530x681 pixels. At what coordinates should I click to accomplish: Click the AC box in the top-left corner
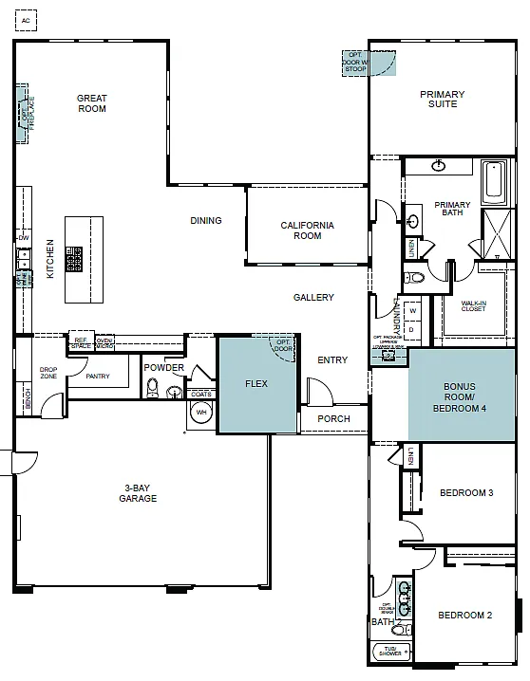(x=26, y=19)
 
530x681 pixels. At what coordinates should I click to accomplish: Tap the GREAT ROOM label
(x=92, y=103)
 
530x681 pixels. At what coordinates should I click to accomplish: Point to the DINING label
(x=206, y=221)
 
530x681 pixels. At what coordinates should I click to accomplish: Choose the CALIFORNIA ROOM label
(x=307, y=230)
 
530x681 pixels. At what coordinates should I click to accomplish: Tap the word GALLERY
(x=313, y=298)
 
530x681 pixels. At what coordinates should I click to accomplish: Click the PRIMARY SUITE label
(x=442, y=100)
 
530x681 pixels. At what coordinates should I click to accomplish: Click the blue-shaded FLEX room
(x=256, y=384)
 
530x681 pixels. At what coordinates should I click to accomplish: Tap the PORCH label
(x=333, y=418)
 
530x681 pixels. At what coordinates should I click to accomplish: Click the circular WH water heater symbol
(x=201, y=413)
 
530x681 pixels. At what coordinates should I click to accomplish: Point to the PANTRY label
(x=98, y=377)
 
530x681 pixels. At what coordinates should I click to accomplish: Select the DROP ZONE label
(x=48, y=374)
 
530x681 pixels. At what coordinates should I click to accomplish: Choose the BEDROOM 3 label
(x=465, y=492)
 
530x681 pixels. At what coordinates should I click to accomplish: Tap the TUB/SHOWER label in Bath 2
(x=389, y=653)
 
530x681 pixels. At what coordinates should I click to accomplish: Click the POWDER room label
(x=163, y=368)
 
